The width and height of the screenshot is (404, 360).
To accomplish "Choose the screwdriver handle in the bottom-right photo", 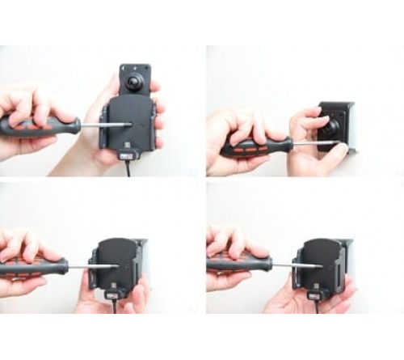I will [x=239, y=264].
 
